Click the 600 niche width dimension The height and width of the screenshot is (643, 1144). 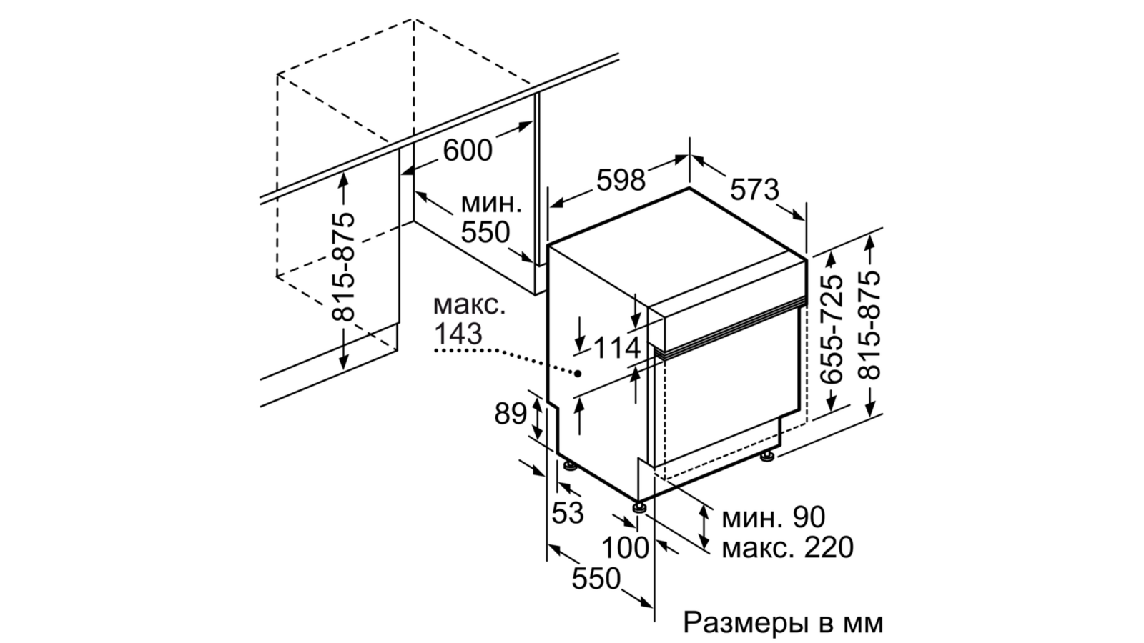[x=468, y=150]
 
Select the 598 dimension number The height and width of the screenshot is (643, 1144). [x=621, y=179]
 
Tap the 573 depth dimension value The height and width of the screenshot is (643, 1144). [x=754, y=190]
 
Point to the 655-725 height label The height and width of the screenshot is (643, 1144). [x=831, y=329]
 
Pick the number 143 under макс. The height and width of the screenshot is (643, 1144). [x=458, y=334]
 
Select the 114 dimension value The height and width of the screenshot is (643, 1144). [x=616, y=349]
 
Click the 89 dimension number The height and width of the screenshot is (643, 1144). [x=511, y=414]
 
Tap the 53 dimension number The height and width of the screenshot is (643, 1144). [x=568, y=512]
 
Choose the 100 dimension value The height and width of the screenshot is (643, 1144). [x=625, y=548]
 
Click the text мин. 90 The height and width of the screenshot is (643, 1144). [x=773, y=517]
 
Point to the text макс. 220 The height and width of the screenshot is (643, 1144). [x=787, y=548]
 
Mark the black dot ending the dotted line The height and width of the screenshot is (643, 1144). [x=578, y=374]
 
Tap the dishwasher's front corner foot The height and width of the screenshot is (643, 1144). [x=639, y=507]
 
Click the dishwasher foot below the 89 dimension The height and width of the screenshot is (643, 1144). [x=569, y=465]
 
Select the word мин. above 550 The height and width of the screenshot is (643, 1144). [x=491, y=204]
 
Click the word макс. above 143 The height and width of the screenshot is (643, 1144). [x=469, y=306]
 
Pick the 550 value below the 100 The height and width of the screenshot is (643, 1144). [x=596, y=579]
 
